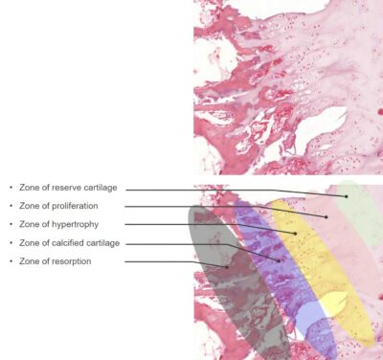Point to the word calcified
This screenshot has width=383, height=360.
tap(71, 243)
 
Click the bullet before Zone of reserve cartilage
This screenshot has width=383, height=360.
tap(11, 189)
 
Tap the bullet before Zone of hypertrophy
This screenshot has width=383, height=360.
tap(11, 225)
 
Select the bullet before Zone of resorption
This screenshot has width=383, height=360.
tap(11, 261)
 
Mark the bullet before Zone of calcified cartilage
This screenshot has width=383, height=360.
tap(11, 243)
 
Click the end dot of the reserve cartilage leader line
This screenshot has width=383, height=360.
tap(350, 198)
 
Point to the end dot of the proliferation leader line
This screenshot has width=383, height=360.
tap(327, 216)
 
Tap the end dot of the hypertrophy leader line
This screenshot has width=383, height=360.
tap(296, 233)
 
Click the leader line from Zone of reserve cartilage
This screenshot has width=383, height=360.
tap(239, 193)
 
